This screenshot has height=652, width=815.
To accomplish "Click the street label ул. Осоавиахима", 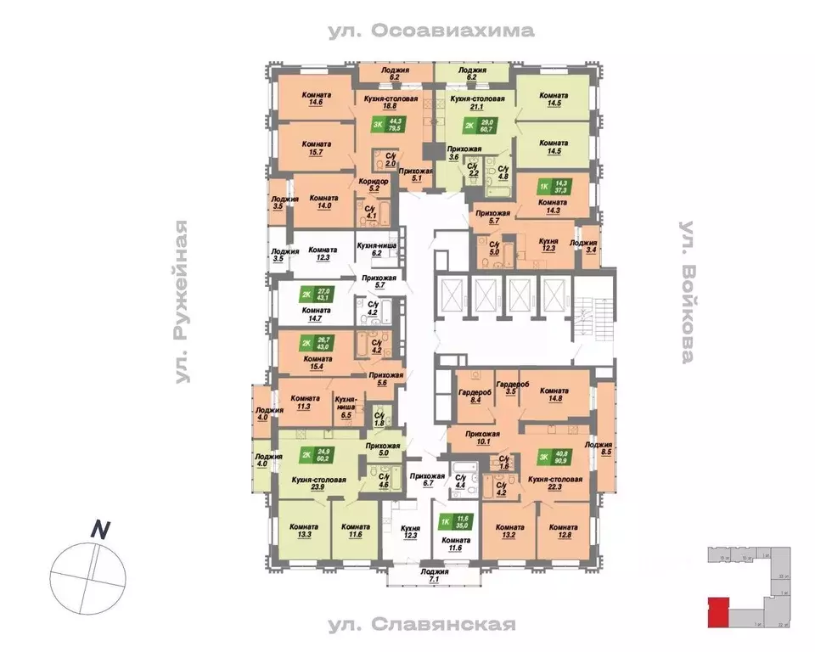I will (x=431, y=31).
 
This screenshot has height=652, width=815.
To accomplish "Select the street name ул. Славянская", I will (x=432, y=625).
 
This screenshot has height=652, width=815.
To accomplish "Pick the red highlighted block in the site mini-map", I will (x=717, y=610).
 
